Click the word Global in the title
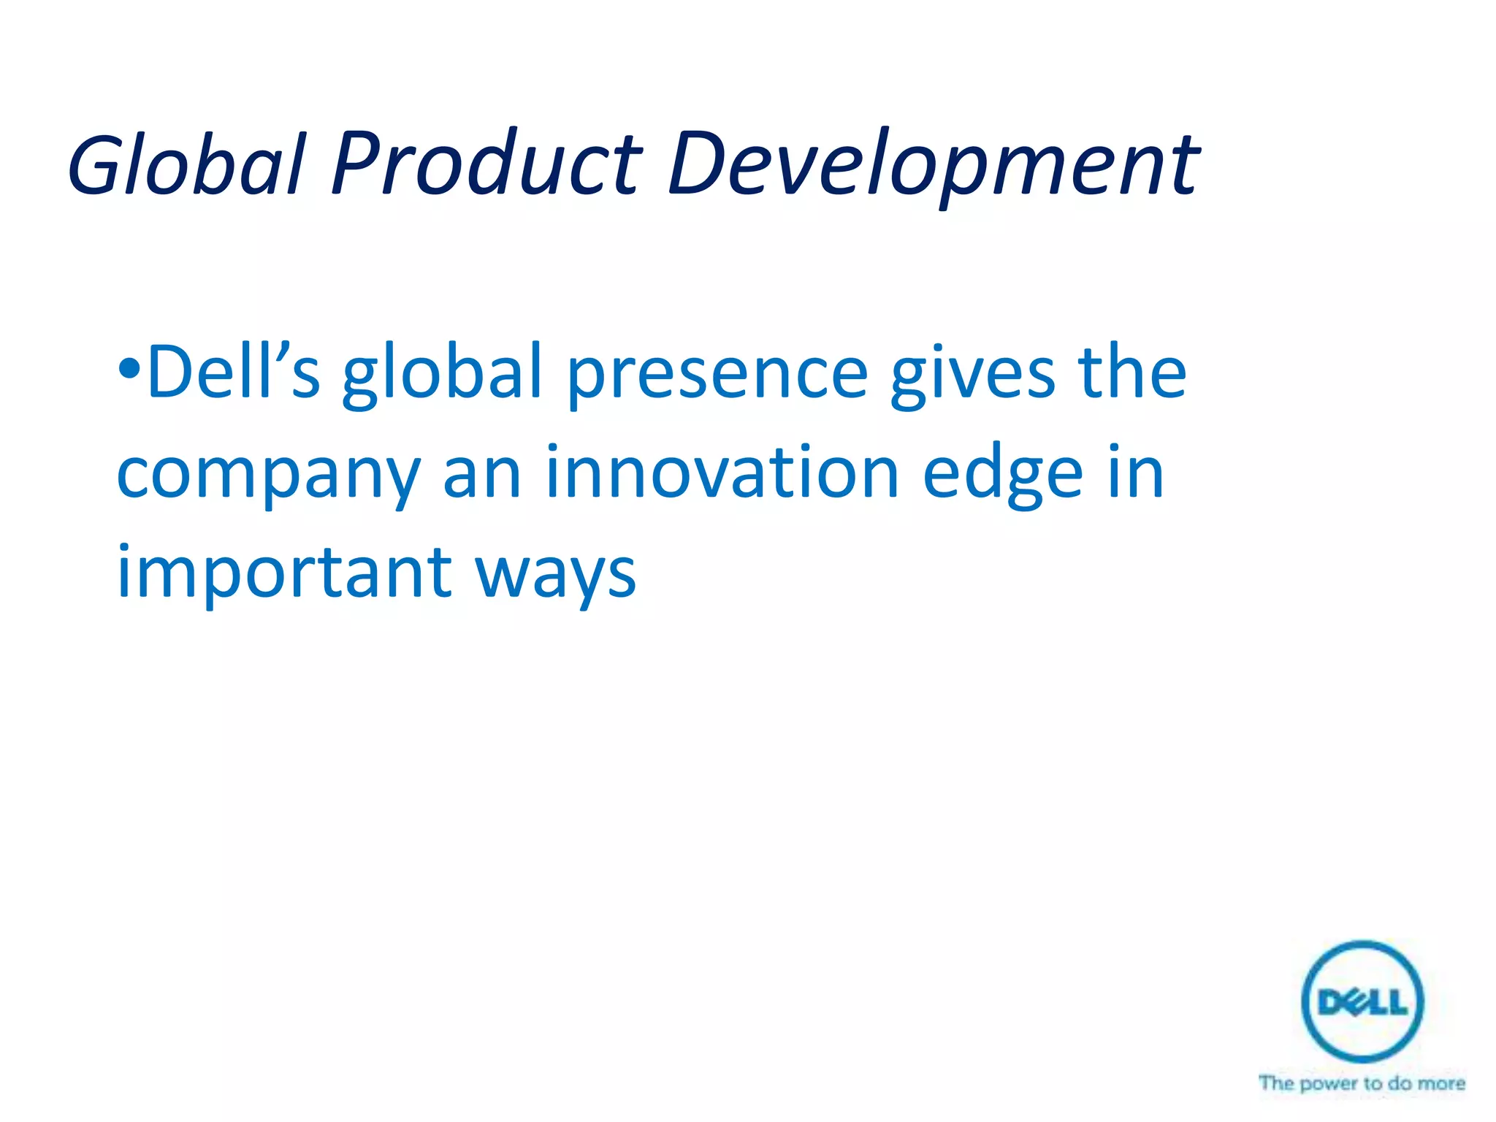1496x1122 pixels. pyautogui.click(x=186, y=165)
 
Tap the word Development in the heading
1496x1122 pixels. pyautogui.click(x=932, y=165)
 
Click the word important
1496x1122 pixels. pyautogui.click(x=284, y=574)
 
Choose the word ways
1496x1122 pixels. pyautogui.click(x=556, y=577)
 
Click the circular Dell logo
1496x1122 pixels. pyautogui.click(x=1362, y=1001)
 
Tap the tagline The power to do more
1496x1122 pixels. pyautogui.click(x=1362, y=1083)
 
